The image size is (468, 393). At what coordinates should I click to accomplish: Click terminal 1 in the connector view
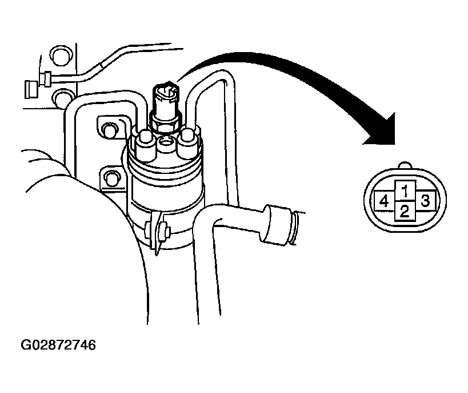pos(405,190)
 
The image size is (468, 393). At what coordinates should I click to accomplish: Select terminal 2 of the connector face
pos(405,211)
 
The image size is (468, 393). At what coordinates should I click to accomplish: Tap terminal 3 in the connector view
pos(425,201)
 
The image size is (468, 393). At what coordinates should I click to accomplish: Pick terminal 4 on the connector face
pos(384,201)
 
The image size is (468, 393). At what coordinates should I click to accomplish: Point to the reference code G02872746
pos(58,345)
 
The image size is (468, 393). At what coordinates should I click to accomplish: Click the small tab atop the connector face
pos(405,165)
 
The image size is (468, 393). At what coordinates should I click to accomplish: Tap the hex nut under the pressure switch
pos(165,122)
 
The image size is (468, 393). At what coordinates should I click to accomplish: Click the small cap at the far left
pos(31,89)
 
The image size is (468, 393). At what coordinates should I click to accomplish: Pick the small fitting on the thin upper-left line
pos(46,79)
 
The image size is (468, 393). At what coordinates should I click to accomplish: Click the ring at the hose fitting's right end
pos(294,228)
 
